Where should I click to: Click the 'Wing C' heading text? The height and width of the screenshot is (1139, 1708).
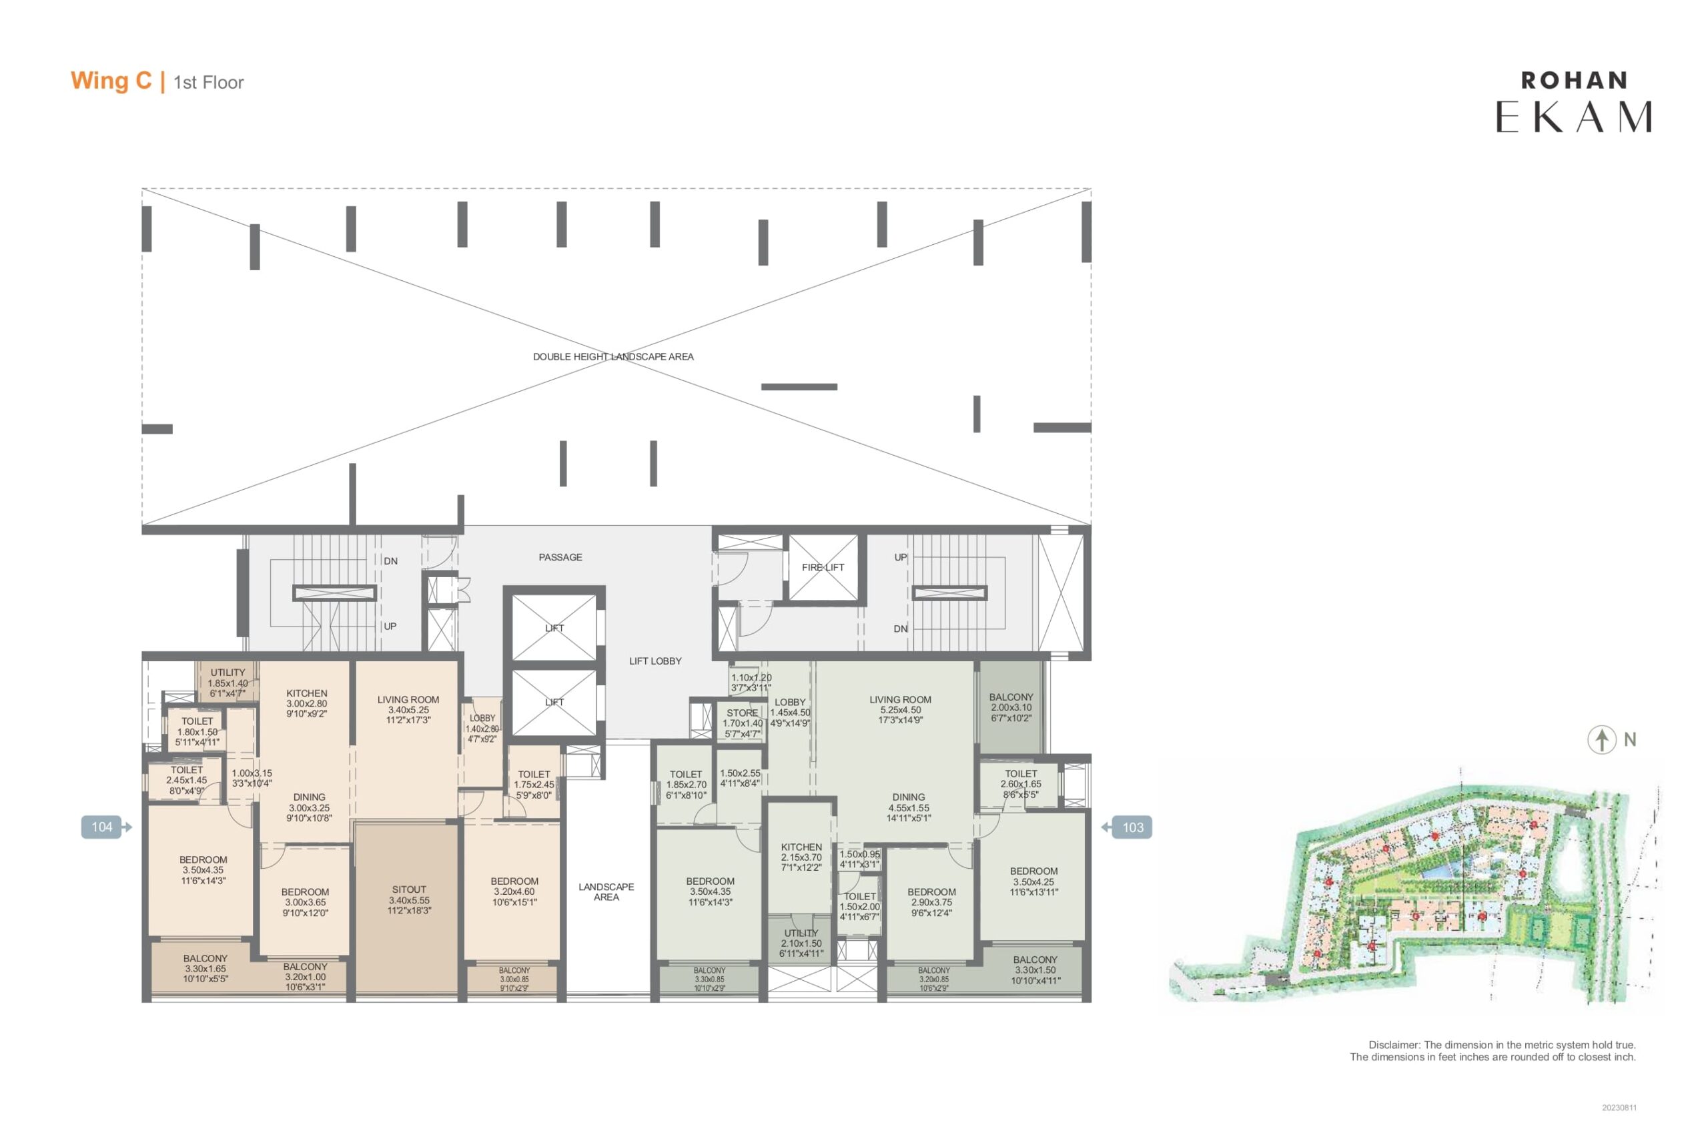(111, 81)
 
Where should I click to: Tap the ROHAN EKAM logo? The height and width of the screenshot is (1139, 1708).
(1574, 102)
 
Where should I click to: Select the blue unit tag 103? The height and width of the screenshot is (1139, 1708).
(1127, 827)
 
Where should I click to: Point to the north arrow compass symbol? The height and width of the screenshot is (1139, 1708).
(1602, 740)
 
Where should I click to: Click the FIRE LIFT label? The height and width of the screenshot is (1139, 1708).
(823, 567)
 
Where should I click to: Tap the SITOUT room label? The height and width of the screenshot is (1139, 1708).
(409, 900)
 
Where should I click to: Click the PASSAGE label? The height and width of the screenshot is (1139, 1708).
(560, 557)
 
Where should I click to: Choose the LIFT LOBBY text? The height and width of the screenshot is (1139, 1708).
(655, 661)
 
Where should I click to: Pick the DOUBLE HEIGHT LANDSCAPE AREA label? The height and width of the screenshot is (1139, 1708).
(613, 357)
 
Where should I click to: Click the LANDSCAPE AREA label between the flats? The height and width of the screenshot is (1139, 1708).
(606, 892)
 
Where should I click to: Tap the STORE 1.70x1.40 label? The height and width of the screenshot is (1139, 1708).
(742, 723)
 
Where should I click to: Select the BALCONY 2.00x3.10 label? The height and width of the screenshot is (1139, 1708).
(1011, 707)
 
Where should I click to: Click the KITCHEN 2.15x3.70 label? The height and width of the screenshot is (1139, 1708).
(801, 857)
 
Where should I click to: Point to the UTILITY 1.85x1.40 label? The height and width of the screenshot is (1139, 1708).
(228, 683)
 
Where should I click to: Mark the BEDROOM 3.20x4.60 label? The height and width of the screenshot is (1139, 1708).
(514, 891)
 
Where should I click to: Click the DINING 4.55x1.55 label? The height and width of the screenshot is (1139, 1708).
(909, 807)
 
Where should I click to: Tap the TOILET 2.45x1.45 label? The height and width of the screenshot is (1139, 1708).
(187, 780)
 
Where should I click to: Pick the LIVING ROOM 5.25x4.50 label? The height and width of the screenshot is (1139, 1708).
(901, 710)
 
